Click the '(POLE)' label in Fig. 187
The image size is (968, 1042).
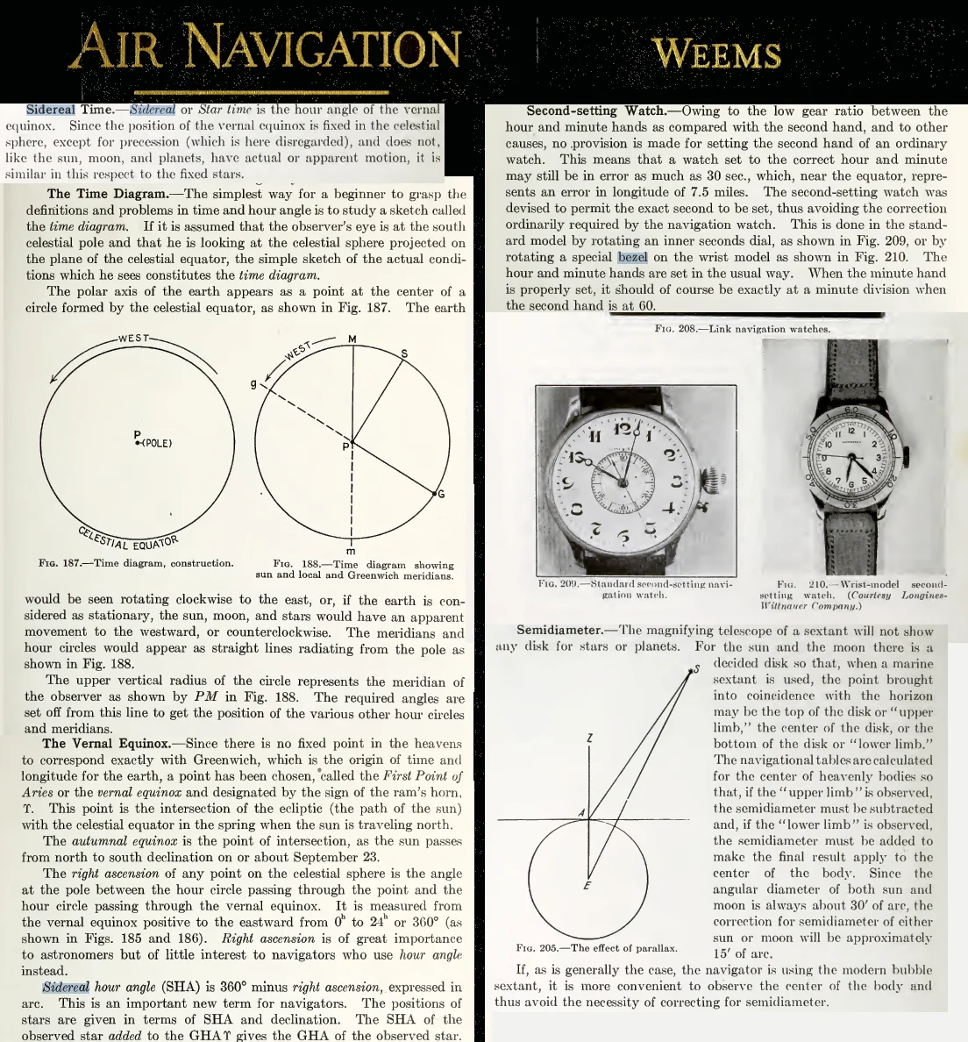[x=155, y=443]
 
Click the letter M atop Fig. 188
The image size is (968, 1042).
[x=352, y=339]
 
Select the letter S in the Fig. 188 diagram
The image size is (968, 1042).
[x=403, y=353]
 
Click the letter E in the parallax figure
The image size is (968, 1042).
[x=587, y=885]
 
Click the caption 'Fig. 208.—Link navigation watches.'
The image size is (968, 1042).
[x=741, y=329]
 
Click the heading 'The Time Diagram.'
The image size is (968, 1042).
[x=102, y=194]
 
